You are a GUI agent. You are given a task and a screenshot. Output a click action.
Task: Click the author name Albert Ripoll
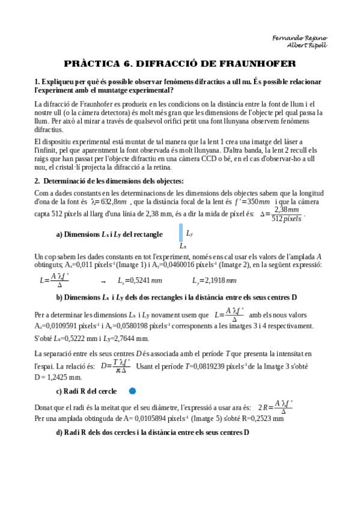coord(308,46)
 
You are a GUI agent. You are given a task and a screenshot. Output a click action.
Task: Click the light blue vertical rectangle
coord(180,232)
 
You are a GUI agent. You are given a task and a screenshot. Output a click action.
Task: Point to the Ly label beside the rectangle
coord(189,233)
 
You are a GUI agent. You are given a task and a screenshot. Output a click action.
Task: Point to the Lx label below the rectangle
coord(182,246)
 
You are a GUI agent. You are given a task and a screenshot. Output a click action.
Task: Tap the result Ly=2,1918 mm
coord(215,280)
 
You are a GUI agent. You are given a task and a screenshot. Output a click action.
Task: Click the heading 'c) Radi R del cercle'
coord(87,391)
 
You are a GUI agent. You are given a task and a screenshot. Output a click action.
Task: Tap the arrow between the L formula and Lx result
coord(103,281)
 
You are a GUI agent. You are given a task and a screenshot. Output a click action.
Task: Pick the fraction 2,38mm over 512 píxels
coord(286,214)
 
